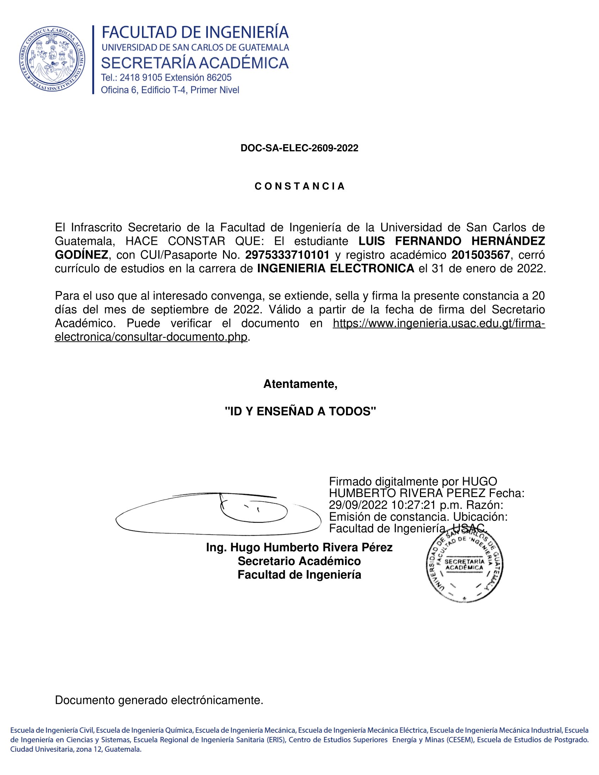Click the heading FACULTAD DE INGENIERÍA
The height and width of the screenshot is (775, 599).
coord(195,33)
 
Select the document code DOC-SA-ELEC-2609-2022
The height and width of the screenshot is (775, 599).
coord(299,148)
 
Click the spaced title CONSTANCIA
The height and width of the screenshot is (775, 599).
coord(299,186)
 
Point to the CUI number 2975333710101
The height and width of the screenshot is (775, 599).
coord(287,255)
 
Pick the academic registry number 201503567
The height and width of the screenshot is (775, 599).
coord(481,255)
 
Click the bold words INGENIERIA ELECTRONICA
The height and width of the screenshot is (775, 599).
coord(335,269)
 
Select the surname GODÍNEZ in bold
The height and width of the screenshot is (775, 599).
coord(81,255)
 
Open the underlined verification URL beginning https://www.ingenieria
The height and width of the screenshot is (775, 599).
coord(439,323)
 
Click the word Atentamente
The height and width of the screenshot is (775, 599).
coord(300,384)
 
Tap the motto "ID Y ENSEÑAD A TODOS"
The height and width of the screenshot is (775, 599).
coord(300,411)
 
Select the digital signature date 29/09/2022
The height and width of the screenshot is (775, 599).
coord(358,504)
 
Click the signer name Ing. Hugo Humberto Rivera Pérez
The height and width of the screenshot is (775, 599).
coord(299,547)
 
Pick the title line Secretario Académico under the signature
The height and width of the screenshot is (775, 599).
coord(299,561)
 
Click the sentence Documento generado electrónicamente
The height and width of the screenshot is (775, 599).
coord(159,700)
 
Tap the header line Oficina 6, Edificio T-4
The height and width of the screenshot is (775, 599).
coord(169,90)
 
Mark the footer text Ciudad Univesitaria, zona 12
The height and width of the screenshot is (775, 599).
coord(76,749)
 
